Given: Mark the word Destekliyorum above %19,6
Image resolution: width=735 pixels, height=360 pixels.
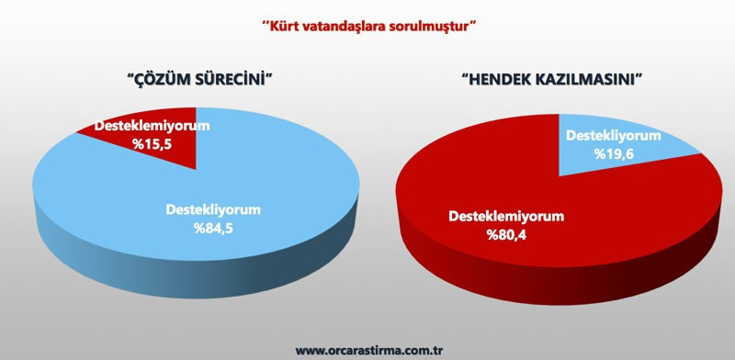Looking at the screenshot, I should [613, 135].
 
